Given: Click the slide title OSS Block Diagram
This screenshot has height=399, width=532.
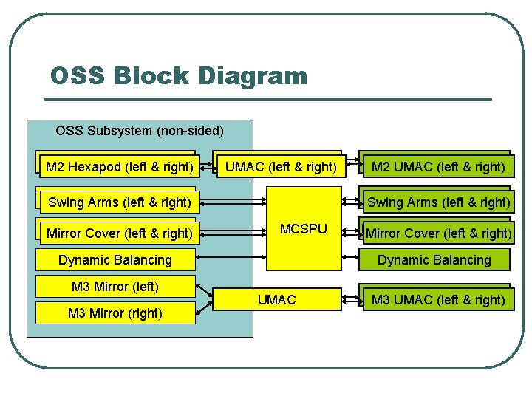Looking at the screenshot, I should pyautogui.click(x=178, y=75).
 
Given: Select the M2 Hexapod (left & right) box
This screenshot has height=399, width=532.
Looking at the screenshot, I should pyautogui.click(x=118, y=167).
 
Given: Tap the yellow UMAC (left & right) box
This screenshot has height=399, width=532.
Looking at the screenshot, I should pyautogui.click(x=280, y=167).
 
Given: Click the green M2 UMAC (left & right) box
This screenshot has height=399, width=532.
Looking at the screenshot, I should pyautogui.click(x=437, y=167).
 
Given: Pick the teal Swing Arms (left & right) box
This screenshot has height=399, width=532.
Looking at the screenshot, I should pyautogui.click(x=118, y=202).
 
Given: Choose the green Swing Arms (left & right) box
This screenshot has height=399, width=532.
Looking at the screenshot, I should pyautogui.click(x=438, y=202).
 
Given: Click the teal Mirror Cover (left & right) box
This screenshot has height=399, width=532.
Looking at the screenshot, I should pyautogui.click(x=118, y=233).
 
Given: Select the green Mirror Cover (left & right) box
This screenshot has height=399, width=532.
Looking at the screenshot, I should pyautogui.click(x=438, y=233).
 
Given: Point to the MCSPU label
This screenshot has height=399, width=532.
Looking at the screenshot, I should pyautogui.click(x=304, y=228).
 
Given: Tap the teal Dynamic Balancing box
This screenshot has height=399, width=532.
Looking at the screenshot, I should pyautogui.click(x=115, y=259).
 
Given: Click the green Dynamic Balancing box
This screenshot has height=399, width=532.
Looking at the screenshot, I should pyautogui.click(x=434, y=259).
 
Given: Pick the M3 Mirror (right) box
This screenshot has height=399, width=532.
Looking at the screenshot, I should pyautogui.click(x=115, y=313).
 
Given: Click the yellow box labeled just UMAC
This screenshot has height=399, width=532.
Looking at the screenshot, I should pyautogui.click(x=277, y=300).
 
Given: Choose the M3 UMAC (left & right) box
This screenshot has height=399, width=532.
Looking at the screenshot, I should pyautogui.click(x=437, y=300).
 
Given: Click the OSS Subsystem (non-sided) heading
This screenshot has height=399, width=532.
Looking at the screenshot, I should pyautogui.click(x=139, y=131).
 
